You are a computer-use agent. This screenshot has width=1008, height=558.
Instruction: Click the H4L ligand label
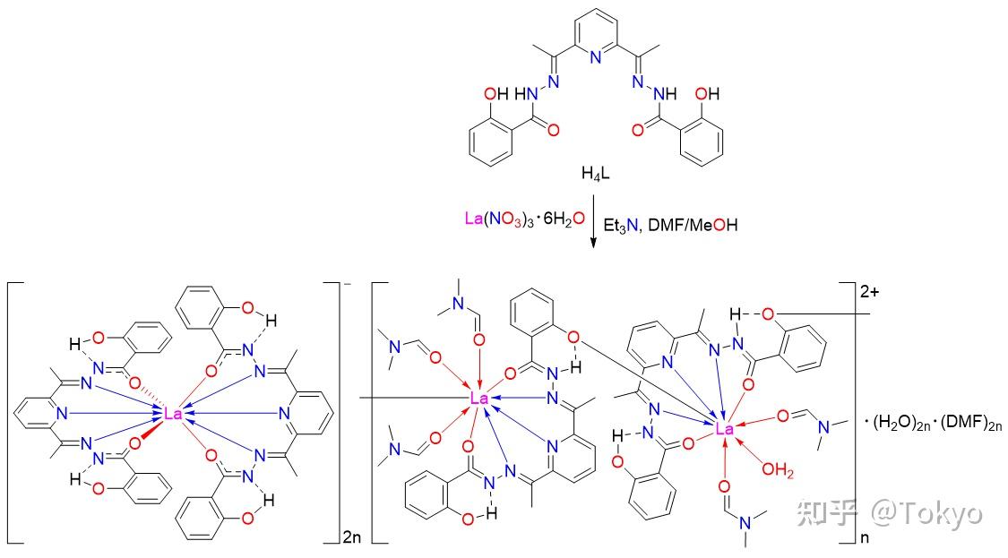[x=595, y=174]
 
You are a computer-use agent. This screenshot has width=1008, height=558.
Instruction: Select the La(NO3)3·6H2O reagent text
[x=524, y=219]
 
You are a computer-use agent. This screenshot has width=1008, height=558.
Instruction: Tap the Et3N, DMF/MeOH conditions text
[x=670, y=225]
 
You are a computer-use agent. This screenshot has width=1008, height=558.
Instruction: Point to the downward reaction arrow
[x=593, y=220]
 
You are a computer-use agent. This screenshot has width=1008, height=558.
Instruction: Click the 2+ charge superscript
[x=869, y=292]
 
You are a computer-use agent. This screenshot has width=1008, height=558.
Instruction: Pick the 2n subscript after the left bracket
[x=351, y=537]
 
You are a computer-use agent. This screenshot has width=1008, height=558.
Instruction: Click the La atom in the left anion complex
[x=173, y=414]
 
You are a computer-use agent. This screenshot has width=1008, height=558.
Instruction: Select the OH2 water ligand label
[x=778, y=470]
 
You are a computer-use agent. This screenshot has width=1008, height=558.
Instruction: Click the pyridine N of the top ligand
[x=595, y=57]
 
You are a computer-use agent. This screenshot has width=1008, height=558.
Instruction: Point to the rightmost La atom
[x=724, y=429]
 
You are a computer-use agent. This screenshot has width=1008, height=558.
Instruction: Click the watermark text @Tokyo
[x=927, y=513]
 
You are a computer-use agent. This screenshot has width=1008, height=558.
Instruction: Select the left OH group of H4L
[x=495, y=94]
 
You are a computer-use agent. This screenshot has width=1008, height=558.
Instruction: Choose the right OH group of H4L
[x=707, y=94]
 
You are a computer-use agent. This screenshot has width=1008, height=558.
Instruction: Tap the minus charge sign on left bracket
[x=347, y=286]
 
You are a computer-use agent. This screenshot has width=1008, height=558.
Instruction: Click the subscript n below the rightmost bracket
[x=864, y=537]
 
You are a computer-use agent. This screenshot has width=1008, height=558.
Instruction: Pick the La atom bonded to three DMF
[x=479, y=399]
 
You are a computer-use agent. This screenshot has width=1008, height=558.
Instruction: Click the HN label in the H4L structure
[x=526, y=94]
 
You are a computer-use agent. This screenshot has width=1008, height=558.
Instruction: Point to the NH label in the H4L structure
[x=666, y=94]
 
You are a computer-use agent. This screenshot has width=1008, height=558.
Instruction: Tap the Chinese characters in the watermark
[x=828, y=513]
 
